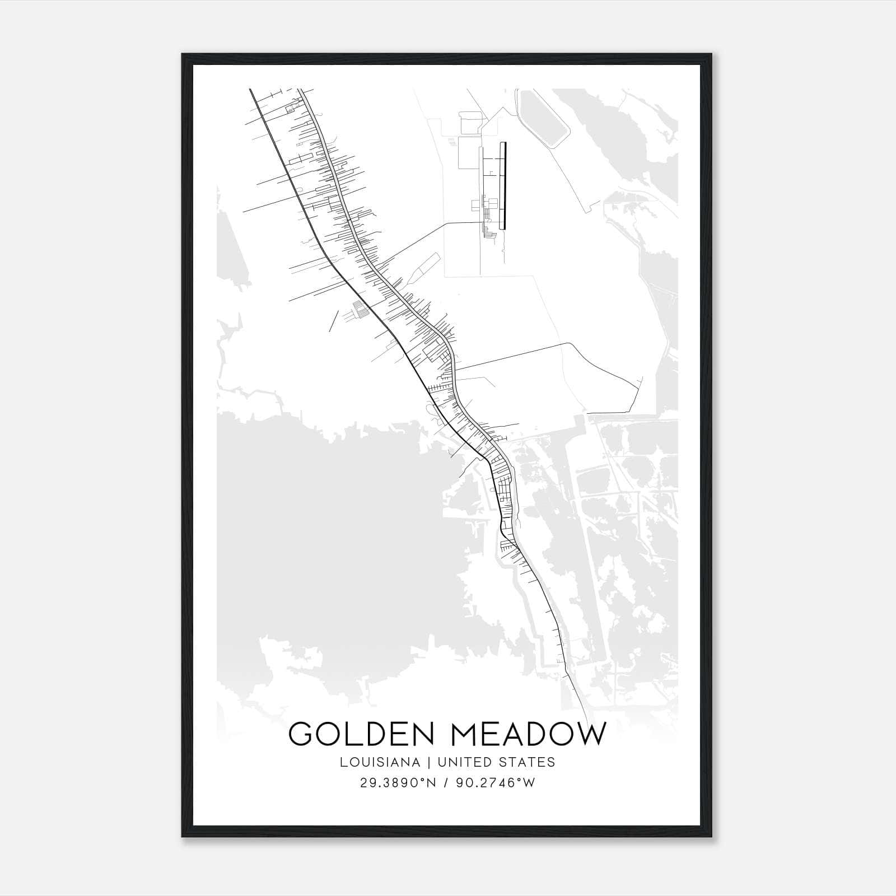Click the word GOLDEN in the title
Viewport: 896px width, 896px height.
click(362, 734)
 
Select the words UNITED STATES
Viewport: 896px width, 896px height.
click(496, 762)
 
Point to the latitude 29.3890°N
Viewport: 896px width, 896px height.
click(398, 783)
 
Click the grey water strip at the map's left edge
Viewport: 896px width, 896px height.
click(226, 246)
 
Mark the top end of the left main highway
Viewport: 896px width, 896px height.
click(250, 90)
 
